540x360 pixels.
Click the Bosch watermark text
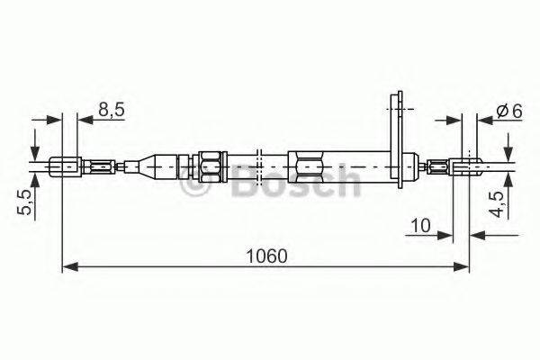coord(270,186)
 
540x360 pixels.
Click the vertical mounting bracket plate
coord(393,135)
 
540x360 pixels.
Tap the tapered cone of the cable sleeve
coord(144,166)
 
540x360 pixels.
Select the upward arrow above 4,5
coord(508,179)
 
